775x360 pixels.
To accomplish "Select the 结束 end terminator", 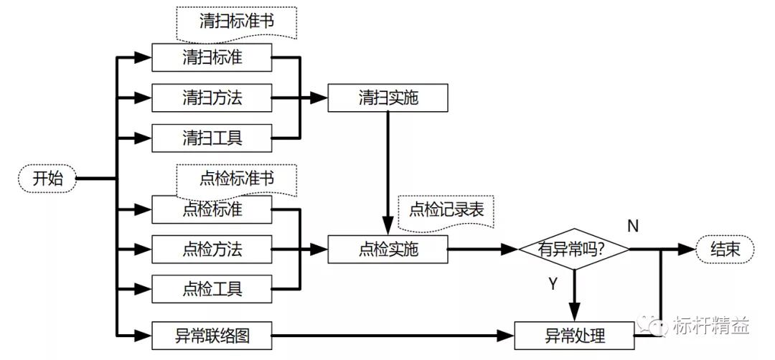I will pos(726,249).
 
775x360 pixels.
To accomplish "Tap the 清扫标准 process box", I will pos(212,57).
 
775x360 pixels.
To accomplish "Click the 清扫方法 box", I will pos(212,98).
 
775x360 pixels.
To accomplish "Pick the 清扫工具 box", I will pos(212,138).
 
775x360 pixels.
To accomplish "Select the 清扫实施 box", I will pos(388,98).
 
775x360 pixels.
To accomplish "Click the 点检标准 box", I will pos(212,209).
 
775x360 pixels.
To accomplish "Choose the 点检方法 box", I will pos(212,250).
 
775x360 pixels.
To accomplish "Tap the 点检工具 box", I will pos(212,289).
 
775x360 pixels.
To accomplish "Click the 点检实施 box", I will pos(388,250).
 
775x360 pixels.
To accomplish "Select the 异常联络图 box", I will pos(212,334).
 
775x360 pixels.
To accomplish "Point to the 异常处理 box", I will pos(575,335).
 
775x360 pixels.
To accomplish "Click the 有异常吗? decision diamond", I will pos(574,249).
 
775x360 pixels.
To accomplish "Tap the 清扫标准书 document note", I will pos(237,22).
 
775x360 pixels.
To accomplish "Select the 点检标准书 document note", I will pos(237,178).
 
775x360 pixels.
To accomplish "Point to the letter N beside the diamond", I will pos(633,227).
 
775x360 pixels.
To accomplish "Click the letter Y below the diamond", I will pos(553,284).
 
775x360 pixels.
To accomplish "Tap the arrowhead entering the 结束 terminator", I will pos(688,249).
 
